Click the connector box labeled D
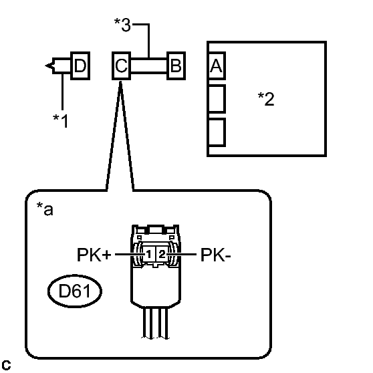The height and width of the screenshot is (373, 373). [80, 66]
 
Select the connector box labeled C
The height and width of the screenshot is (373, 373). [121, 66]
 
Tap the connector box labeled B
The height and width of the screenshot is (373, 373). [176, 66]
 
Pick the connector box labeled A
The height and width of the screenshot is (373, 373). [217, 66]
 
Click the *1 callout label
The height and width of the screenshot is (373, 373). [60, 121]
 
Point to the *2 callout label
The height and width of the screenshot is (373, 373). [266, 99]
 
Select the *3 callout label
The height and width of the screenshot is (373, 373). [122, 25]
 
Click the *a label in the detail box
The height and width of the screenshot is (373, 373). [45, 209]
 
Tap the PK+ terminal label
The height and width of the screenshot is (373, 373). [94, 255]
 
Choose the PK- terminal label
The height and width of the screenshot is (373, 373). [216, 255]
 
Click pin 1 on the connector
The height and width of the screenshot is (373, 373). [148, 255]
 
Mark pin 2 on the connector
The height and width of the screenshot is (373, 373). [162, 255]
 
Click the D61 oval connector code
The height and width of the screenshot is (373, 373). [75, 291]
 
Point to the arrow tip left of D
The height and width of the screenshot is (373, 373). [45, 66]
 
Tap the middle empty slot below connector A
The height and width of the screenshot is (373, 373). [217, 98]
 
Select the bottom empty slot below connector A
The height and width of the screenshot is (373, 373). [217, 132]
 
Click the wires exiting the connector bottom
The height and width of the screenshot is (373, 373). [156, 323]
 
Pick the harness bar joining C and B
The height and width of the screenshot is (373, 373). [149, 66]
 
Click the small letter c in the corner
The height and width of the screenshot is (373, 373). [6, 365]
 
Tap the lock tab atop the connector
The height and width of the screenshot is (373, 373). [156, 229]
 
